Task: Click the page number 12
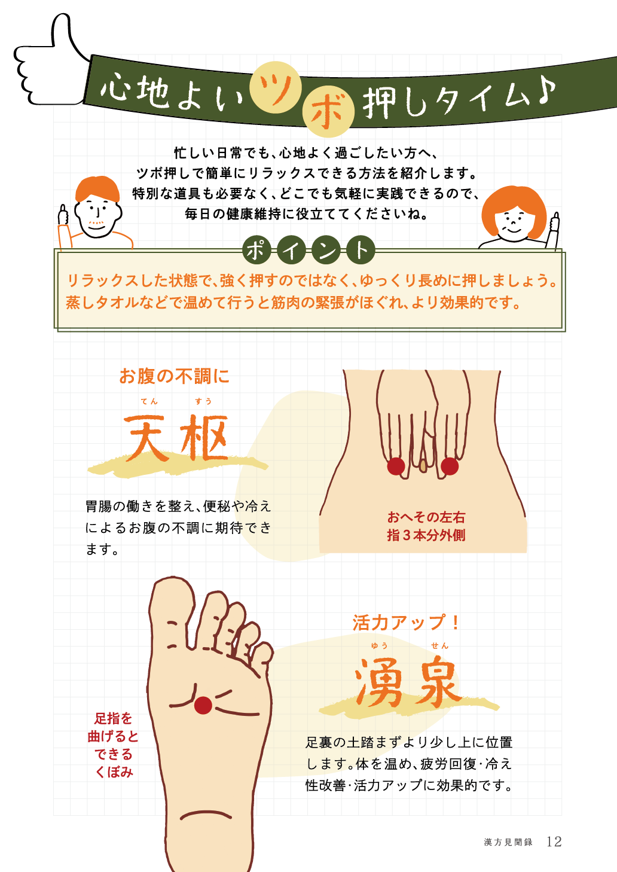tap(554, 841)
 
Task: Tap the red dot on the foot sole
tap(203, 705)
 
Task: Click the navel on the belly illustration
tap(423, 465)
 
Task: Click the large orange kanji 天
tap(146, 438)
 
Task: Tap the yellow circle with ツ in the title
tap(276, 87)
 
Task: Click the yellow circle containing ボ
tap(328, 111)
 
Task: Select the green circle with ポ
tap(256, 250)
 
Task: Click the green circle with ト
tap(361, 250)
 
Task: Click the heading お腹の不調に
tap(175, 376)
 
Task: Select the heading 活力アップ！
tap(406, 622)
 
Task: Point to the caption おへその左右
tap(426, 517)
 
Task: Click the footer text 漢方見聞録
tap(508, 842)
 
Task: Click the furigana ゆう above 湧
tap(379, 645)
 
